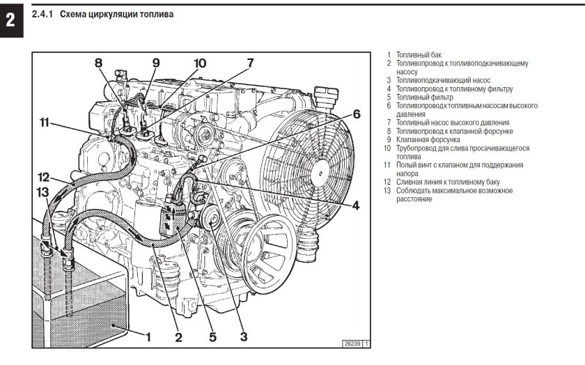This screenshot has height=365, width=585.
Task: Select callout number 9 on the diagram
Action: pos(156,63)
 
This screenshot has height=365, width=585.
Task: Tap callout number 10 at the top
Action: pos(200,63)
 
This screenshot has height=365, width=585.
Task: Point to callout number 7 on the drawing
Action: pos(249,63)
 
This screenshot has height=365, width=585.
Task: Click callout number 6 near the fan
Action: pos(356,114)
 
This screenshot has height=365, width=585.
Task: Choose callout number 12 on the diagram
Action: pos(43,176)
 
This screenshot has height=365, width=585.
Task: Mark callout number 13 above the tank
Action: pos(43,192)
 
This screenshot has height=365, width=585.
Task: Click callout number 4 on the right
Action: pos(355,205)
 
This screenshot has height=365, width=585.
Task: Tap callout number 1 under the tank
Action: pos(148,336)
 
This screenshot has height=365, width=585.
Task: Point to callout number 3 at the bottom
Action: pos(244,337)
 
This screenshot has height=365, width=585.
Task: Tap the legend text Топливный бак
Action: pos(419,54)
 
